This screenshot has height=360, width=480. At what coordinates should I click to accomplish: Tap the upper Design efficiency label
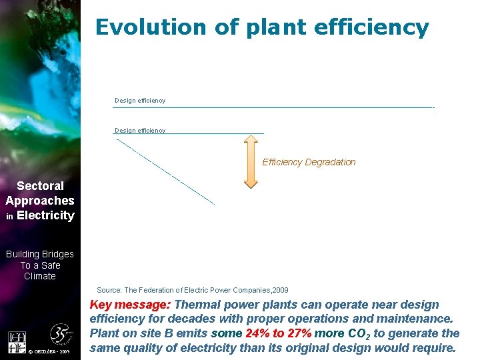click(140, 101)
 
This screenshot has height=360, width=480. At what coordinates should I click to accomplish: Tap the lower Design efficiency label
click(140, 131)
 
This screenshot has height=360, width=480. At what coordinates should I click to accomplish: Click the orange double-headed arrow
click(251, 162)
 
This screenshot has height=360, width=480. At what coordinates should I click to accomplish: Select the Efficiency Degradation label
click(309, 162)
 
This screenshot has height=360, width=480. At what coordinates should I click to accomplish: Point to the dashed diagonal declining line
click(165, 171)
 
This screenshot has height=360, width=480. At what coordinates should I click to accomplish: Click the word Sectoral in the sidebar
click(40, 186)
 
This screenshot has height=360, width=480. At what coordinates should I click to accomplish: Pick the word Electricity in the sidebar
click(45, 215)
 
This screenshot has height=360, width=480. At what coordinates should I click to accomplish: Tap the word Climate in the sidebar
click(40, 276)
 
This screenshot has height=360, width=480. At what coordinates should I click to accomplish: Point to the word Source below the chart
click(109, 290)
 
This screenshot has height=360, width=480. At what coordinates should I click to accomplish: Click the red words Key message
click(129, 305)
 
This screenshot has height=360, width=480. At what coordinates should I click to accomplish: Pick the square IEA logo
click(16, 343)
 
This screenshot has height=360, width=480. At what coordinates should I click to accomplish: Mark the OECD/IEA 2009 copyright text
click(55, 351)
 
